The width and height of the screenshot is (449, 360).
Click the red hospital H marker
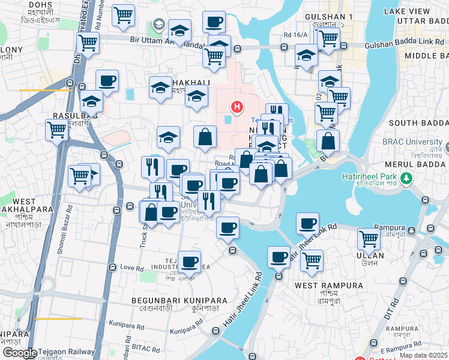pos(238,107)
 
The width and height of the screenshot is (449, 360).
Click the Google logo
pos(19,353)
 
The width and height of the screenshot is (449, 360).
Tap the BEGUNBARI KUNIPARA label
pos(180,300)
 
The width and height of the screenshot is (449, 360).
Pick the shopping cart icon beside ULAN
pos(369,238)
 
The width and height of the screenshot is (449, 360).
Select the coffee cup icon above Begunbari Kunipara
pos(190,261)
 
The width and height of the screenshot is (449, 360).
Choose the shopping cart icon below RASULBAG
pos(57,129)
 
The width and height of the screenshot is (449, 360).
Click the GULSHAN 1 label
pos(328,16)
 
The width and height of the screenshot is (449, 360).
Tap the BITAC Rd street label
pos(148,349)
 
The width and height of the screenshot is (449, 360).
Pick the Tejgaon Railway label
pos(66,352)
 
